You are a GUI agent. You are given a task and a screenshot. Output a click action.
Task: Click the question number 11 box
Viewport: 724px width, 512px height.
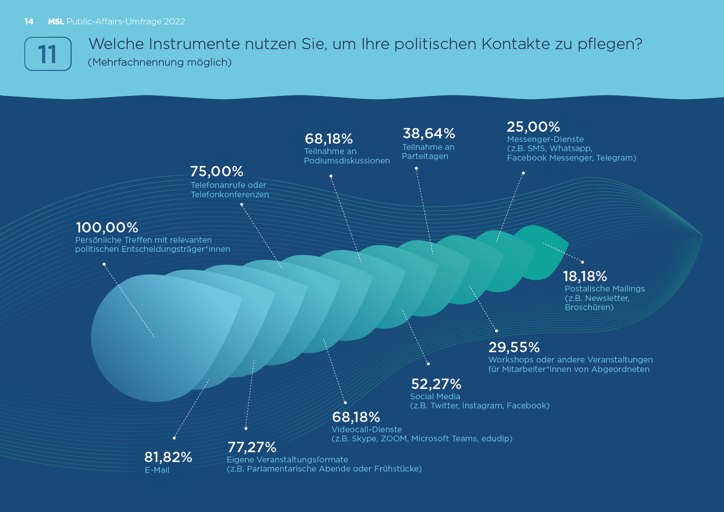point(48,54)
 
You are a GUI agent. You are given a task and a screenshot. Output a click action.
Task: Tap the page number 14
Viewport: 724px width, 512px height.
point(29,21)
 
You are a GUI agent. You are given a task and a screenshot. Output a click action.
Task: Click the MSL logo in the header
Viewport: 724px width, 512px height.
point(56,21)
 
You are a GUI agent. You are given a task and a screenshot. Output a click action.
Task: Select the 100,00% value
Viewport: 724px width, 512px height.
point(107,228)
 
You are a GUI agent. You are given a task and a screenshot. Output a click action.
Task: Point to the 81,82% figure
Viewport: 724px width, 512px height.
point(168,457)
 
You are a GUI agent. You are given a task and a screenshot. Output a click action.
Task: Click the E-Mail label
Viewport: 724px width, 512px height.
point(157,470)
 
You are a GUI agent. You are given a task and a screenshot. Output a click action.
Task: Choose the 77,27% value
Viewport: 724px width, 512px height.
point(252,447)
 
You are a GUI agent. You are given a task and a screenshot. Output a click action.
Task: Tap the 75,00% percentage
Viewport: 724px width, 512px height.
point(217,171)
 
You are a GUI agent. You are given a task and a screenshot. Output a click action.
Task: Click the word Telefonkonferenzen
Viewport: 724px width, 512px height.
point(230,194)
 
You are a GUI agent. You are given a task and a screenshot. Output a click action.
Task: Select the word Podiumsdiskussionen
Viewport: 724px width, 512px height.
point(347,161)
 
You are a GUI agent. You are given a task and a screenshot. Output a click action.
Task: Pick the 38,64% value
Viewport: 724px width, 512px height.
point(428,133)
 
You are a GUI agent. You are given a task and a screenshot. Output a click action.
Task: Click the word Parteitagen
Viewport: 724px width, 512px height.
point(425,156)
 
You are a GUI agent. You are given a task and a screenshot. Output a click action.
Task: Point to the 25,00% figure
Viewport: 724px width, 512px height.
point(533,127)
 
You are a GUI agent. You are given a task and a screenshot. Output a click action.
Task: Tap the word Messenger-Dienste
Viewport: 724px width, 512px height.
point(545,139)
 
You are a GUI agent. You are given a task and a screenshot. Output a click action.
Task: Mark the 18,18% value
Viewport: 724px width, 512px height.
point(585,276)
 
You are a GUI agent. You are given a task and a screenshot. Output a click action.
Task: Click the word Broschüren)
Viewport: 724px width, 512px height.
point(589,307)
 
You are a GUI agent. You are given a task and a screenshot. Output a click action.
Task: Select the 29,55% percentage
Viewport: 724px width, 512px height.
point(514,347)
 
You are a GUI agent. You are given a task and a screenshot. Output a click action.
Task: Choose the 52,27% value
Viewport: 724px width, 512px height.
point(436,384)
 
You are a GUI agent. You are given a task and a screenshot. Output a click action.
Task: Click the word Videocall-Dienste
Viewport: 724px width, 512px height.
point(367,429)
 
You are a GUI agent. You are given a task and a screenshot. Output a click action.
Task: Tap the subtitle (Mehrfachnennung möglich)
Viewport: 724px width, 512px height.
point(160,62)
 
